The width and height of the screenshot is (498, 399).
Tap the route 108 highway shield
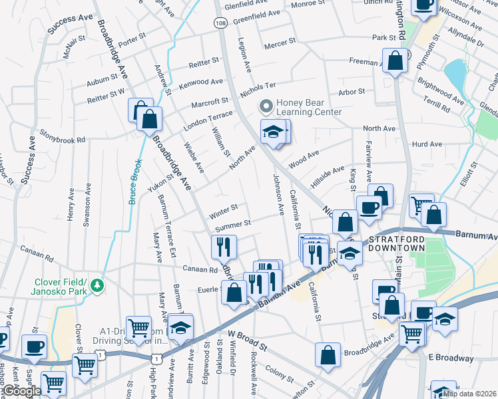point(220,23)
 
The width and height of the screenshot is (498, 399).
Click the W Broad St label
point(247,338)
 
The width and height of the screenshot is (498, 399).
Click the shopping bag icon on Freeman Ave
point(395,61)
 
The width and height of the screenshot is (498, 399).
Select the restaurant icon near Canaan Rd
point(224,247)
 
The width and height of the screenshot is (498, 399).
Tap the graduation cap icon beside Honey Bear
point(272,132)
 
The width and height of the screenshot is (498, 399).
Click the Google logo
point(21,391)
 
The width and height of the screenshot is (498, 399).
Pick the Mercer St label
point(280,42)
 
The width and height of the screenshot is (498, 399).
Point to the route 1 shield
point(100,357)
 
